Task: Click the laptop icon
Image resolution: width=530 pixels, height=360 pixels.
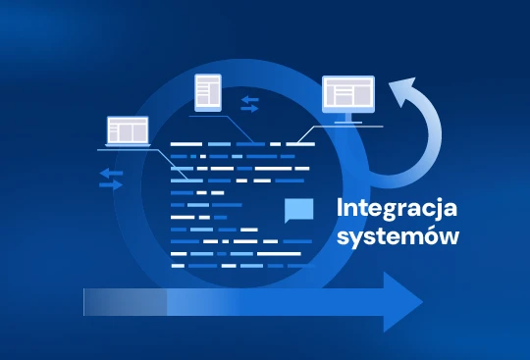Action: pos(128,132)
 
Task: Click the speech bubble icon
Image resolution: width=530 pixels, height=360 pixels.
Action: pos(298,211)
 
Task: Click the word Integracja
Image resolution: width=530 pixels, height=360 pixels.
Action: pos(397,210)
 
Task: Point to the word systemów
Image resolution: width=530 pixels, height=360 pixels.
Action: pos(397,236)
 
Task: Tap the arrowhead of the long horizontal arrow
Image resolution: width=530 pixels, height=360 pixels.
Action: pos(402,301)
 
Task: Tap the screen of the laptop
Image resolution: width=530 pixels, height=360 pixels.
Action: pos(128,129)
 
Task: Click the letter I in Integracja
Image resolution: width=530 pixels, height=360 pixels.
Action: pos(340,208)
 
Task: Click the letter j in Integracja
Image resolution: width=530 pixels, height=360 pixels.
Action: pos(444,210)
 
